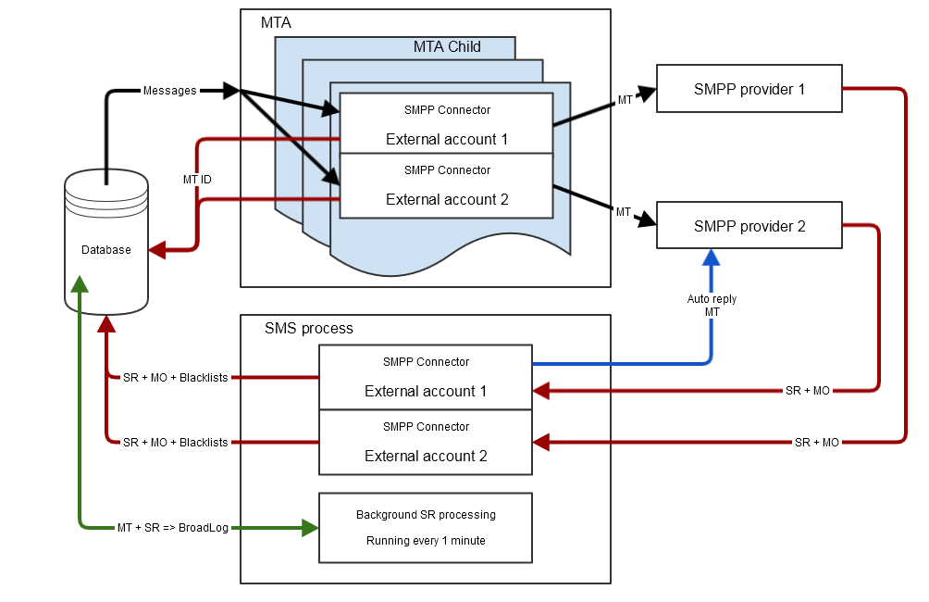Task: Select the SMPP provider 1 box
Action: [749, 89]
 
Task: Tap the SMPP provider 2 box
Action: [749, 226]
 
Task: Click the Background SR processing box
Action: [426, 528]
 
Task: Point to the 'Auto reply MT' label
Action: [712, 306]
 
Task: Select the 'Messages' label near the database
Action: [169, 91]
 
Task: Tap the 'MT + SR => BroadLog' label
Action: [172, 527]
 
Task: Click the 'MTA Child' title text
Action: [447, 47]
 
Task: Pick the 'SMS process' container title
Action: [308, 329]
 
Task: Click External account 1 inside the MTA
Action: [447, 140]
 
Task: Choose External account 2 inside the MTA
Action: [447, 199]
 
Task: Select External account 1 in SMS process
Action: [426, 391]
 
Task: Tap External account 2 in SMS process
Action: [426, 456]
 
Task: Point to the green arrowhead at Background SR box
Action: [310, 528]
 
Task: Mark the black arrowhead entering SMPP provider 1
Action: [648, 91]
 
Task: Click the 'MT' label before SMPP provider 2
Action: [624, 212]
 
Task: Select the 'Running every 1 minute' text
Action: [426, 541]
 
